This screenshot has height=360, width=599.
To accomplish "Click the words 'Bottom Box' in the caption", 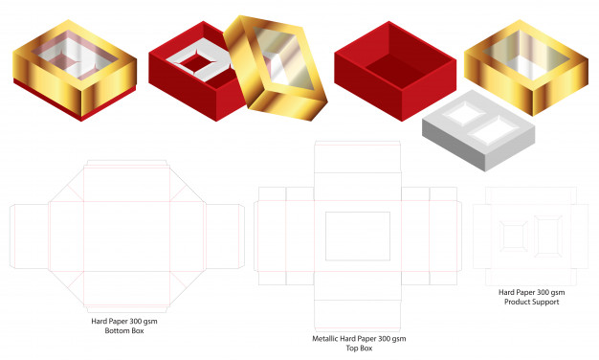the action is point(124,330).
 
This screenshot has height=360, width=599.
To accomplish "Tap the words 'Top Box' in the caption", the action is point(359,349).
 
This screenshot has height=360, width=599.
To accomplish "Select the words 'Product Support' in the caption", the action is point(531,302).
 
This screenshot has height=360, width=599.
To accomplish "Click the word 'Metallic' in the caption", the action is point(325,339).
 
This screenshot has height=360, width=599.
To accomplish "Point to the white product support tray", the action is point(478,130).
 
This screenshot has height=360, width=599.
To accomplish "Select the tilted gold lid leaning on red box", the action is point(276,68).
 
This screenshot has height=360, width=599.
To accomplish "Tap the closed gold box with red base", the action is point(75,70).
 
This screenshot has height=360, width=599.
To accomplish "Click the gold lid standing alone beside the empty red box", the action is point(526,67).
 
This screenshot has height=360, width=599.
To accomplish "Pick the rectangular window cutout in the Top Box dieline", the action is point(358,236).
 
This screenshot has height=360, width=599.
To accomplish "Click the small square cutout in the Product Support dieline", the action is point(514,236).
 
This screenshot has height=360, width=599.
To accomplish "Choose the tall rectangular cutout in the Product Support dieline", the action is point(548,236).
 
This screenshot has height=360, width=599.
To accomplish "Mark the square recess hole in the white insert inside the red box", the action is point(197,63).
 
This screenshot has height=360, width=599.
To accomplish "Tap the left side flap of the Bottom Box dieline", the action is point(30,236).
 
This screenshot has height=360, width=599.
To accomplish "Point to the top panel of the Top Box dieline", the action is point(358,157).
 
